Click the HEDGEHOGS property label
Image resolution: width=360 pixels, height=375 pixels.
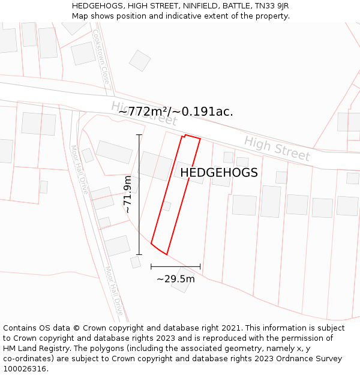tap(219, 173)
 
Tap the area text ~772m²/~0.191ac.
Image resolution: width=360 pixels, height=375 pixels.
tap(175, 112)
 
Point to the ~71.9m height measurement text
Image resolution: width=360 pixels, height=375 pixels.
tap(127, 194)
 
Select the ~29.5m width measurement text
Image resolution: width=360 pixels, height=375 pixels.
tap(176, 278)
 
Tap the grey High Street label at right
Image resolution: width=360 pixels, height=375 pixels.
tap(277, 148)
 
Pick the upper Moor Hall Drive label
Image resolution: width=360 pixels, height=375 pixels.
tap(79, 170)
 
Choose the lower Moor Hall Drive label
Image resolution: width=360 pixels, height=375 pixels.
tap(114, 292)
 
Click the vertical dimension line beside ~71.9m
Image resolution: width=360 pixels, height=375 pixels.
tap(139, 194)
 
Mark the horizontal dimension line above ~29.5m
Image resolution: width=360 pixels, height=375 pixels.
tap(176, 266)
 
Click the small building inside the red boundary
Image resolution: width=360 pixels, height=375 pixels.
tap(167, 206)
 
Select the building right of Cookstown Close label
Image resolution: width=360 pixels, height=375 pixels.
tap(140, 61)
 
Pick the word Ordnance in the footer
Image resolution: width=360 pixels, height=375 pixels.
tap(291, 359)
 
